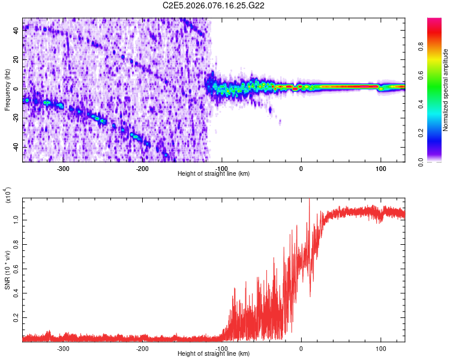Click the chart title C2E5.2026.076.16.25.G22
tap(214, 5)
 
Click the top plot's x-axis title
tap(214, 173)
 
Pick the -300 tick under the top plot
tap(63, 169)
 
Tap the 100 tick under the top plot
tap(380, 169)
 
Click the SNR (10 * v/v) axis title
tap(7, 270)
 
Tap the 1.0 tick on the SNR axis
tap(16, 220)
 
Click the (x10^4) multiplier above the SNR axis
tap(8, 196)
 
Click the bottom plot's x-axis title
tap(214, 354)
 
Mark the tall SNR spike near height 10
tap(309, 202)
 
